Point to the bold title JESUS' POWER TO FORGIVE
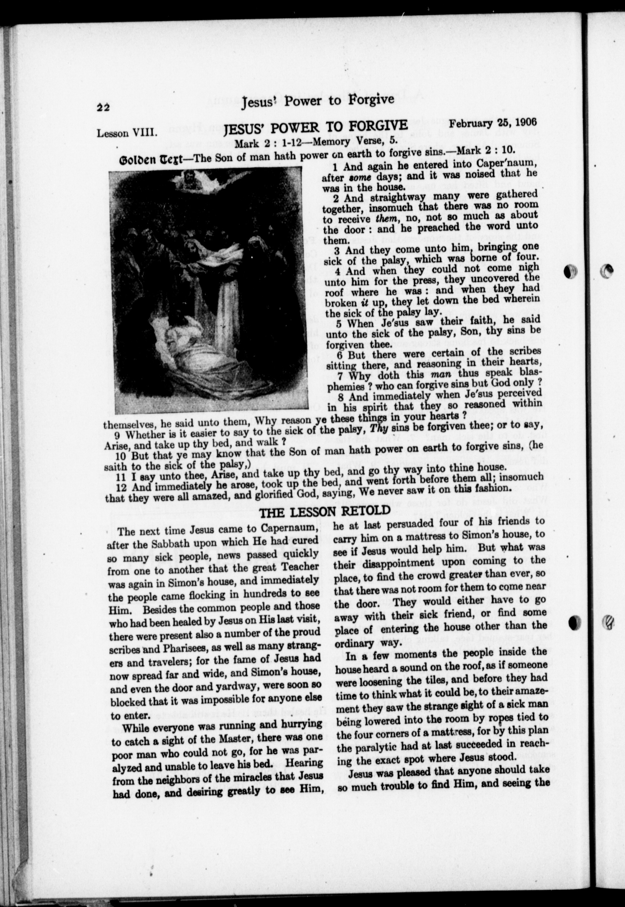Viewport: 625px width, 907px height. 315,127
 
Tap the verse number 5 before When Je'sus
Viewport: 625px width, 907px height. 338,324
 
